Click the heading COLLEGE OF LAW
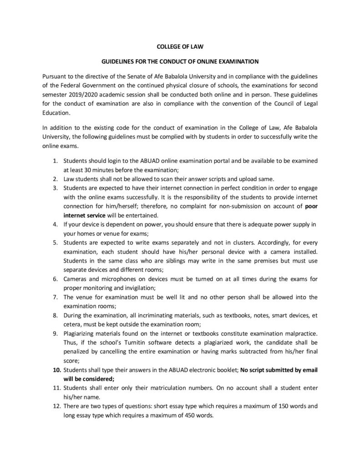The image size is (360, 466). point(179,46)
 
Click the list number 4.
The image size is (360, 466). point(55,225)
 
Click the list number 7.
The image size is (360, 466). point(55,298)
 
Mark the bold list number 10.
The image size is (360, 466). point(55,370)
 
